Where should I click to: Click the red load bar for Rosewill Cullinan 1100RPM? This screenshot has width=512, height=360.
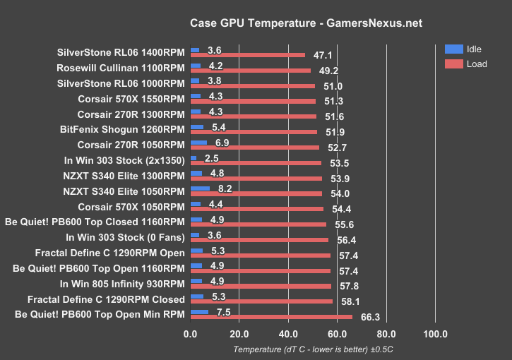[x=251, y=71]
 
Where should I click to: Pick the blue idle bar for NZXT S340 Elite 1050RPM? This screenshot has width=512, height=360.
[x=200, y=188]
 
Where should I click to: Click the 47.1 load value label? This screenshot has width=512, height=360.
[x=323, y=54]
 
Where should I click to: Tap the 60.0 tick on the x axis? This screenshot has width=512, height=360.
[x=337, y=334]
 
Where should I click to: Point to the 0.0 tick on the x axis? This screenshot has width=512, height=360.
[x=191, y=334]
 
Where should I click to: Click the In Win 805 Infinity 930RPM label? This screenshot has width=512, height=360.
[x=122, y=284]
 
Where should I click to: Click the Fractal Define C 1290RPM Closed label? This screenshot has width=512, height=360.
[x=106, y=299]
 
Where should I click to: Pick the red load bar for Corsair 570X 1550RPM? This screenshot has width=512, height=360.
[x=253, y=101]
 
